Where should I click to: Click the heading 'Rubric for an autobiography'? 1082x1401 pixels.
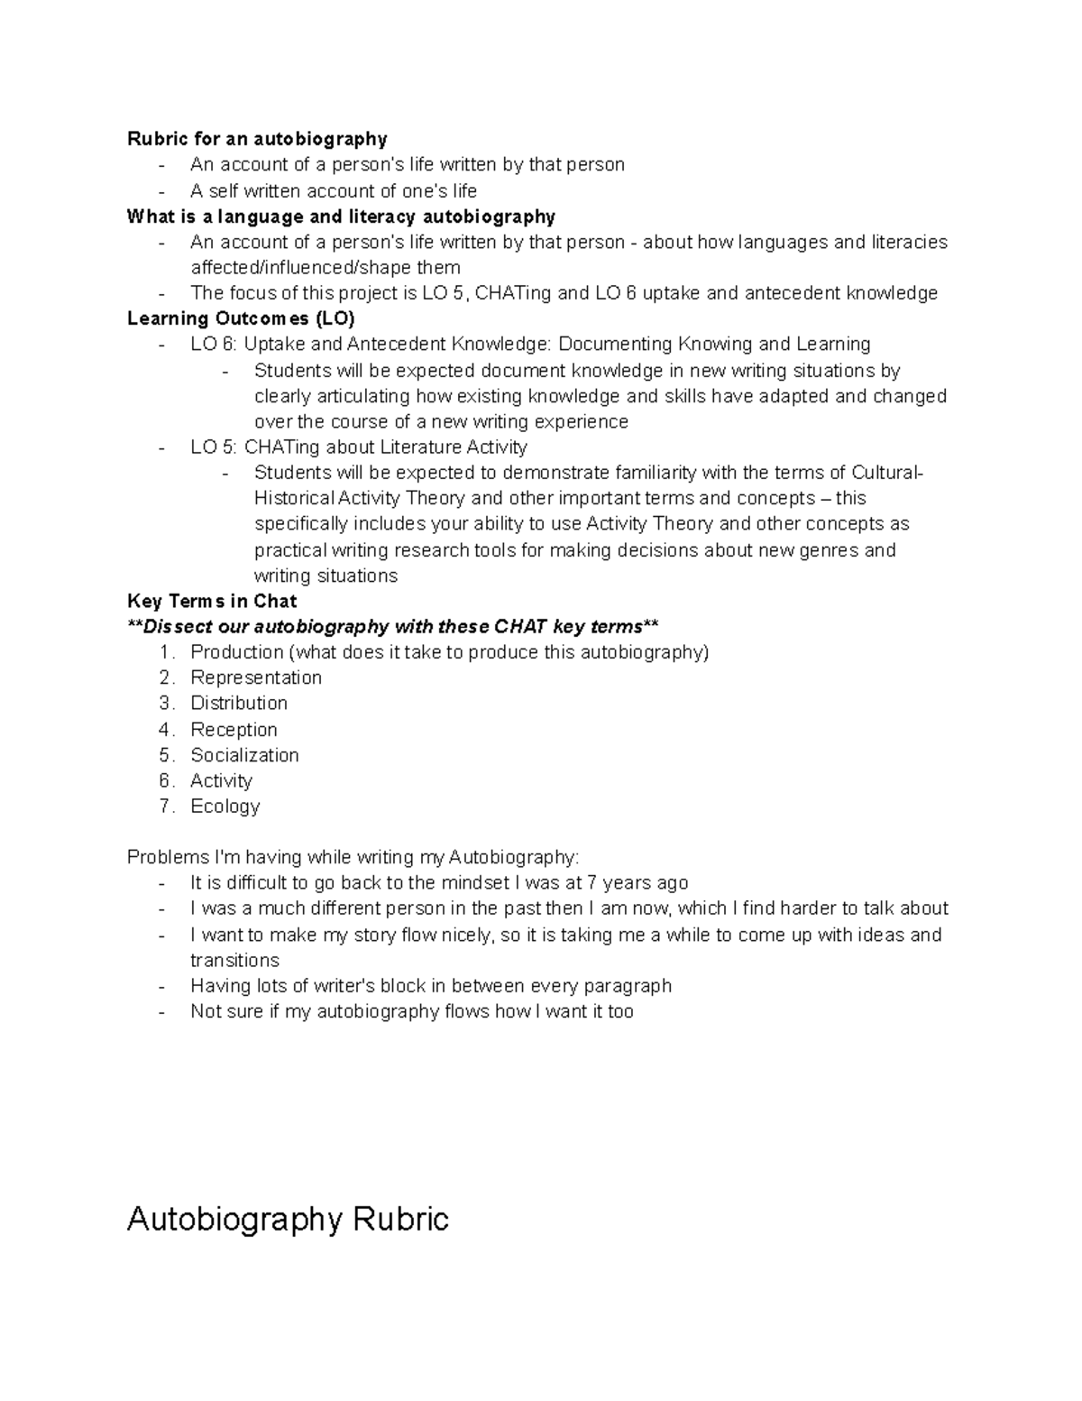(257, 139)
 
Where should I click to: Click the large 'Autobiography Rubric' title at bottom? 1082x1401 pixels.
(288, 1220)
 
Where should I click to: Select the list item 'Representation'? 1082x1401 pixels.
(256, 677)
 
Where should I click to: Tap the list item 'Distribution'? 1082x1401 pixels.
(239, 703)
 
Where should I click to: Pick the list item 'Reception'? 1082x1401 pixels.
(234, 729)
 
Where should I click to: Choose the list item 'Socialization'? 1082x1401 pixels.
(244, 755)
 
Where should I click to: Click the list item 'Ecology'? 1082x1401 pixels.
(225, 806)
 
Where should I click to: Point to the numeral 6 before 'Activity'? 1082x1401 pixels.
(165, 780)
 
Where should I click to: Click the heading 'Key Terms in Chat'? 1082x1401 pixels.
(212, 601)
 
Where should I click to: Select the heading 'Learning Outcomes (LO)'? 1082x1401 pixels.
(241, 318)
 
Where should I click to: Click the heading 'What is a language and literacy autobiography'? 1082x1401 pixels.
(341, 217)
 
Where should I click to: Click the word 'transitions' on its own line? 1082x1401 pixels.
(234, 960)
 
